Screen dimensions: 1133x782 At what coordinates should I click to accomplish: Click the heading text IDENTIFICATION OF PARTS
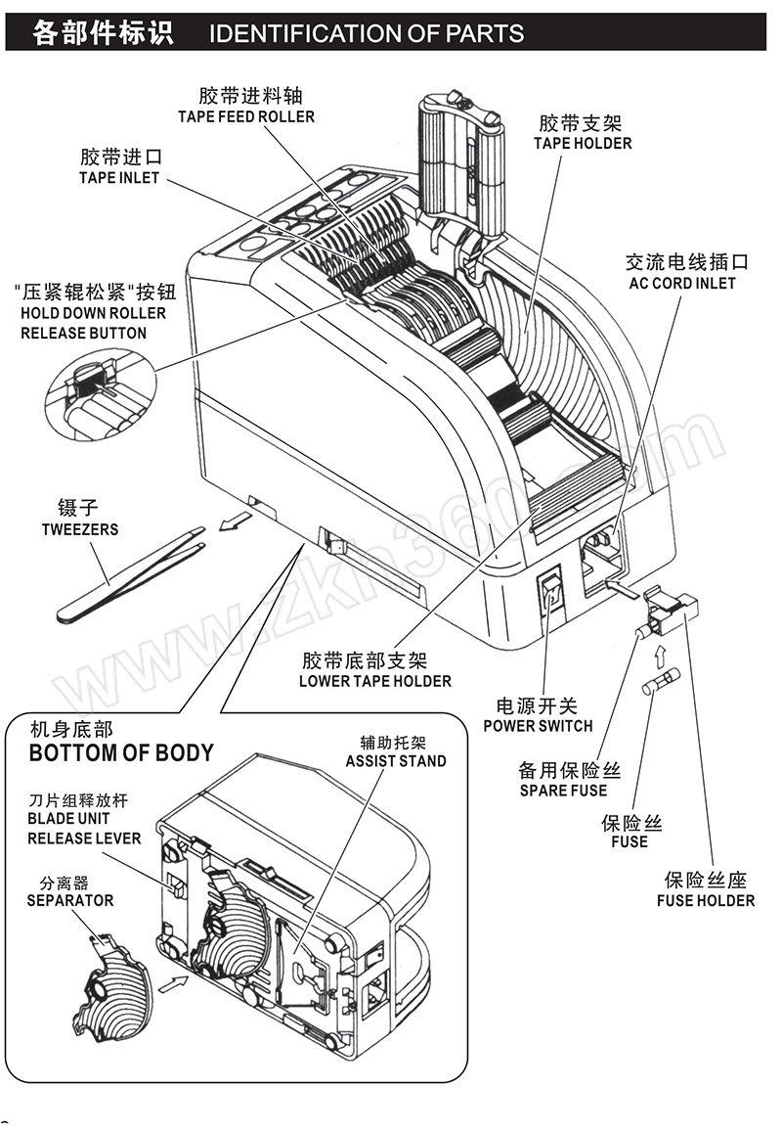pos(367,34)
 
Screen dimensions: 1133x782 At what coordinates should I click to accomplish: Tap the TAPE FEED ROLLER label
pos(246,117)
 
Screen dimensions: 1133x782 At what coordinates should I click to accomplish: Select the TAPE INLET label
pos(118,178)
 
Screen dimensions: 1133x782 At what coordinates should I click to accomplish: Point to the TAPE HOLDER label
pos(583,144)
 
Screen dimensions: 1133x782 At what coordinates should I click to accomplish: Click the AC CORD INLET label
pos(681,283)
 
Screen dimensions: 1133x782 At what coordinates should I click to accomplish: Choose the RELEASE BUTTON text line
pos(84,334)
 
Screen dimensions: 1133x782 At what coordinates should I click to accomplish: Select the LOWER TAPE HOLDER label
pos(375,681)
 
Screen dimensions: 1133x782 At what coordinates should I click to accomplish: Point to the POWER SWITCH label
pos(538,726)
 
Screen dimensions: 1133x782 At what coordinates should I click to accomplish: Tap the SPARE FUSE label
pos(563,791)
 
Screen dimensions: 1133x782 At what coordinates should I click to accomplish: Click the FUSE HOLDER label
pos(706,900)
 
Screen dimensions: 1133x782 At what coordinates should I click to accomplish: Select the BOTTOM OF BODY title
pos(121,753)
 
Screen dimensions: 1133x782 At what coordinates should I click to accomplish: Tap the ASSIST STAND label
pos(396,761)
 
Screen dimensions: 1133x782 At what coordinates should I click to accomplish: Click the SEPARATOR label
pos(70,900)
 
